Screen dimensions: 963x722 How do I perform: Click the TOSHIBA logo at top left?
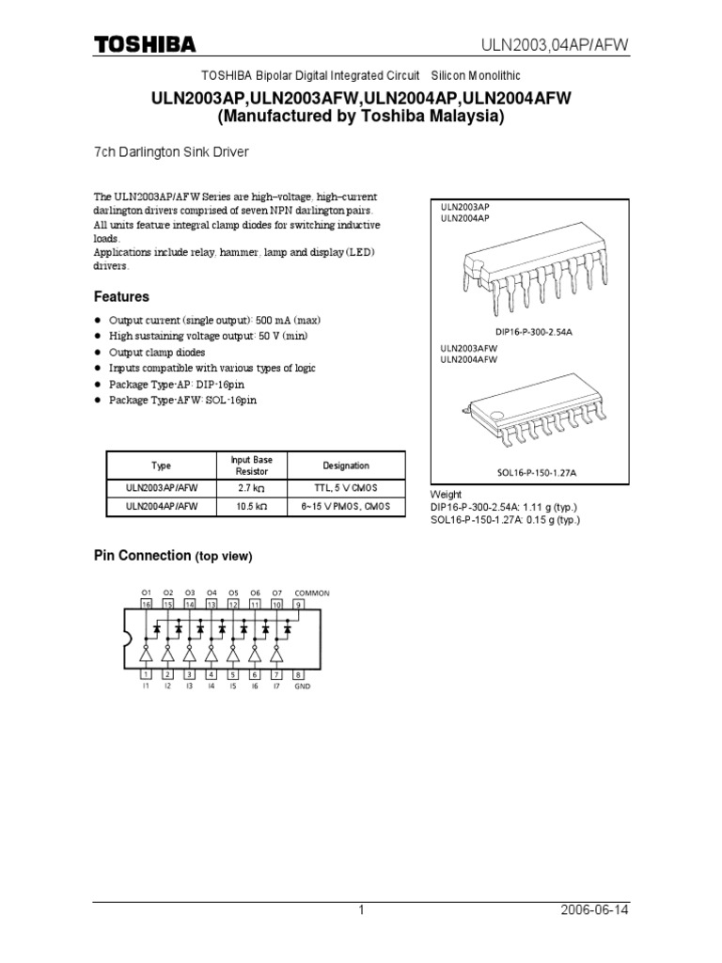click(144, 44)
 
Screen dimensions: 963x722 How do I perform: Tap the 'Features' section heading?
click(120, 296)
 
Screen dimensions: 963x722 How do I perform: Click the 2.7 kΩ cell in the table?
click(251, 488)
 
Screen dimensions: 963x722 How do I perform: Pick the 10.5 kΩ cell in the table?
click(251, 507)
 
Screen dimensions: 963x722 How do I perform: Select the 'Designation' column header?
click(346, 466)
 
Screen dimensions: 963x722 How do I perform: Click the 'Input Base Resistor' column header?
click(251, 466)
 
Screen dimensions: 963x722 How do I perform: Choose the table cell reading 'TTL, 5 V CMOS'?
click(346, 488)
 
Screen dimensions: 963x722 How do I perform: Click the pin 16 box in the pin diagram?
click(146, 605)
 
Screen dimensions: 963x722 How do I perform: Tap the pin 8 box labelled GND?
click(299, 674)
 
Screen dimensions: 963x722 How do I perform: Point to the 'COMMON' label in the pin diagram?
click(312, 593)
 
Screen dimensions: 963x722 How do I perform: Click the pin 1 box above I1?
click(146, 674)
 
